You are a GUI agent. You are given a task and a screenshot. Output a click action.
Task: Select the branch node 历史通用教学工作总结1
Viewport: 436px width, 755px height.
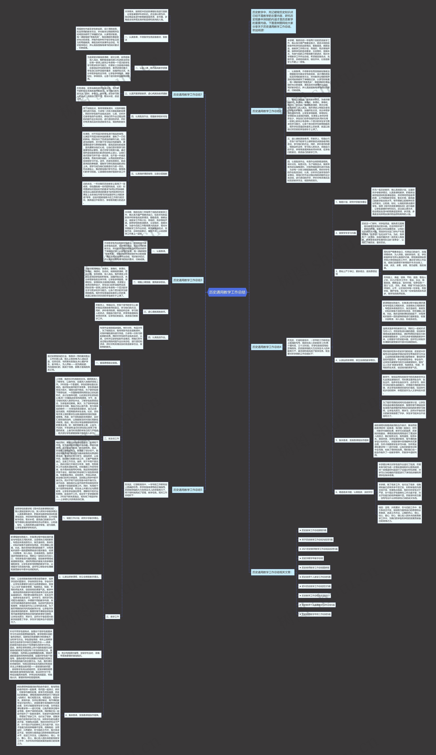point(188,95)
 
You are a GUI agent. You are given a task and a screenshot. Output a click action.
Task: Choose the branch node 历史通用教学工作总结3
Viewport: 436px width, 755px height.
point(188,280)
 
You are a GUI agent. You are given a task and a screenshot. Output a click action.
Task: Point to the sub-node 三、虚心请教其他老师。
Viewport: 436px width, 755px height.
point(155,312)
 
